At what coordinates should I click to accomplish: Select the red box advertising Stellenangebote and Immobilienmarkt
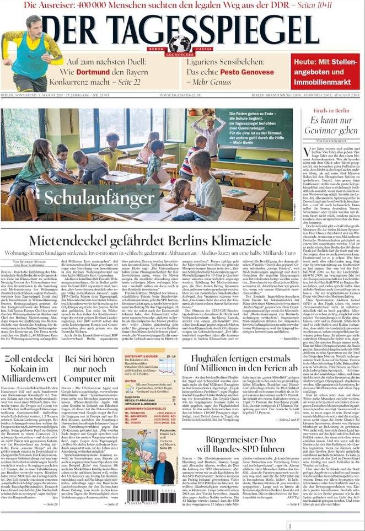(325, 72)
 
